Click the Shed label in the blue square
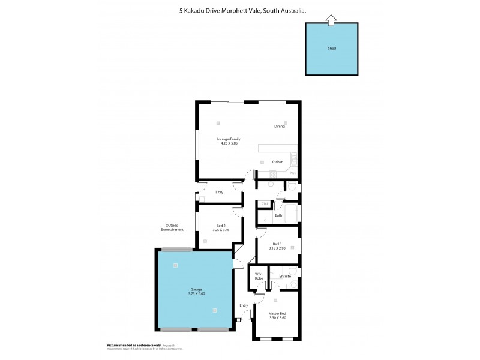(332, 48)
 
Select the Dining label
(279, 127)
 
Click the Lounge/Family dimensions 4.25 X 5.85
(228, 143)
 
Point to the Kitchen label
(277, 162)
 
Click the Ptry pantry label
(293, 173)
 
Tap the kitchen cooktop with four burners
(272, 174)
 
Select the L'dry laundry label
(219, 192)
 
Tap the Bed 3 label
(276, 244)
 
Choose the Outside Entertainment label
(172, 228)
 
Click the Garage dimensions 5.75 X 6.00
(196, 294)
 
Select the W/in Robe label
(259, 277)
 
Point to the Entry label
(244, 305)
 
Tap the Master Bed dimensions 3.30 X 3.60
(277, 319)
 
